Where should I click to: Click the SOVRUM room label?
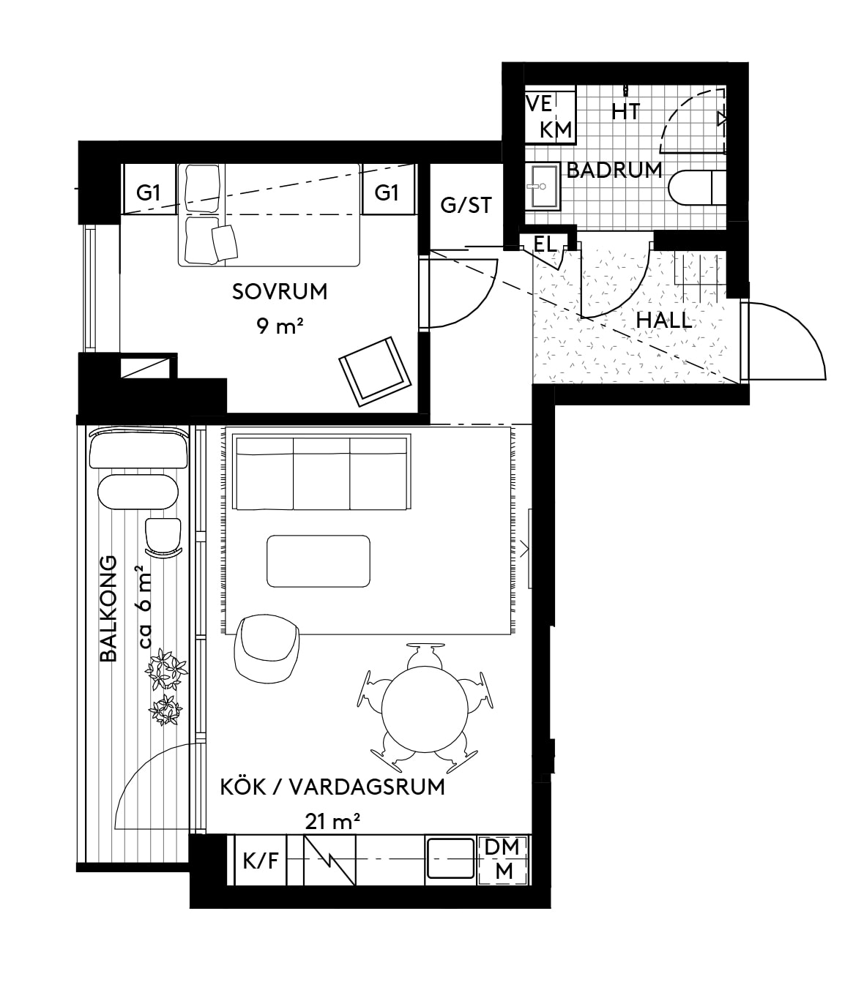click(x=280, y=291)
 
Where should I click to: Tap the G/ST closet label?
click(x=466, y=205)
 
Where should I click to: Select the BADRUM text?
click(x=614, y=170)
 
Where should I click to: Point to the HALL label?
click(x=663, y=320)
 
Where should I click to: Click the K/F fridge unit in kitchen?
click(x=261, y=860)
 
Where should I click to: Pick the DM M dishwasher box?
click(x=503, y=860)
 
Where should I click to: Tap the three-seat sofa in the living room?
click(x=321, y=473)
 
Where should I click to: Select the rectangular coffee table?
click(x=319, y=561)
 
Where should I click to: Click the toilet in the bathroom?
click(x=695, y=188)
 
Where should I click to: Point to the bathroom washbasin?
click(x=542, y=187)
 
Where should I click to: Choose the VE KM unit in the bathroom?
click(x=549, y=116)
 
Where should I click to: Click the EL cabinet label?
click(x=545, y=244)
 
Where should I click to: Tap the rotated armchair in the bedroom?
click(x=374, y=370)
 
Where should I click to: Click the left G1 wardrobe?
click(x=149, y=192)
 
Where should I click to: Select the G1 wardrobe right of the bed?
click(x=387, y=192)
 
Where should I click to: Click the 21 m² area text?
click(x=332, y=821)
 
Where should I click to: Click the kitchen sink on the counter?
click(x=451, y=859)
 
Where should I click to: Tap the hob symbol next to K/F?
click(x=329, y=860)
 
